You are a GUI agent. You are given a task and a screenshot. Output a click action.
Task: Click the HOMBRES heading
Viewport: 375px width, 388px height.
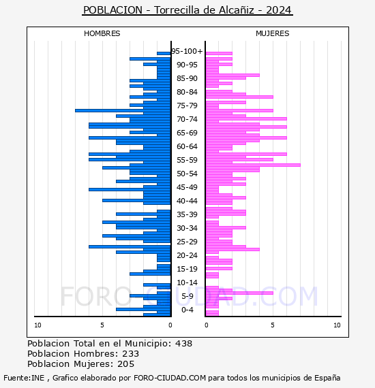[102, 33]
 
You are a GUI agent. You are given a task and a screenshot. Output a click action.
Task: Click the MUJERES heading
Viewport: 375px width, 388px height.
[273, 33]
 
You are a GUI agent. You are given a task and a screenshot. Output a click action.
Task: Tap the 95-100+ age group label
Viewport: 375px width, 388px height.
[187, 51]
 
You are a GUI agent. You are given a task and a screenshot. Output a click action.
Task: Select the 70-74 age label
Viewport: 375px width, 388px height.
[187, 119]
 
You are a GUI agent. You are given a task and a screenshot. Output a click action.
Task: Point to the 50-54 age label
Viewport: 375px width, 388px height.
[187, 174]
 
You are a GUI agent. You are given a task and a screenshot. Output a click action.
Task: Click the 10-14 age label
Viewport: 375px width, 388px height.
[187, 282]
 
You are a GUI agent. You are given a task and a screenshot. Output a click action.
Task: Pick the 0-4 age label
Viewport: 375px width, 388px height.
[187, 310]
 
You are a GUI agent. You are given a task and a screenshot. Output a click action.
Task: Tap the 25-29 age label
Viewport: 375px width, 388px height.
[187, 242]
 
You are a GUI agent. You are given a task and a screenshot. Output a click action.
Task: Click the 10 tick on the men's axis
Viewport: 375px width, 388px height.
[37, 325]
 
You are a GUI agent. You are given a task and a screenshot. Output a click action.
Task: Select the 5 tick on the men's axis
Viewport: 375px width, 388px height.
[102, 325]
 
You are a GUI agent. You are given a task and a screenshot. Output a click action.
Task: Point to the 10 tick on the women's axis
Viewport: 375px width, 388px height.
[337, 325]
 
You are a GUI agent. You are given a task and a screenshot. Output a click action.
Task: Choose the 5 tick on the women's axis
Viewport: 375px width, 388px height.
[273, 325]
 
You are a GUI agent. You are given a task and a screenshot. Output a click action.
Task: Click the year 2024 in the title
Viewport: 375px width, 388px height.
[279, 10]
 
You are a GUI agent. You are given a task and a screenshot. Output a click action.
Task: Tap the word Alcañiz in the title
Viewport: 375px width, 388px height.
[237, 10]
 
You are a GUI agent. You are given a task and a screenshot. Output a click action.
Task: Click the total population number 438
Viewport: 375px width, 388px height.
[183, 344]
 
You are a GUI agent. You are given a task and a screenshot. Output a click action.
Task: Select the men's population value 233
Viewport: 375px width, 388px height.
[131, 354]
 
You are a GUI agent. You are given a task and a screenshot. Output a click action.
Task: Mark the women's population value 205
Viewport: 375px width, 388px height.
[126, 364]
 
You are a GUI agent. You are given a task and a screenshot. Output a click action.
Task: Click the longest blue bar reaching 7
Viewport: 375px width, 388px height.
[123, 110]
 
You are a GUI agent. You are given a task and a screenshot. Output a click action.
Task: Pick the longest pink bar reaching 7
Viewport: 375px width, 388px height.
[253, 165]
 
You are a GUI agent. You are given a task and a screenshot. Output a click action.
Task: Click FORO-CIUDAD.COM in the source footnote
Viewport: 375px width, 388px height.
[170, 378]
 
